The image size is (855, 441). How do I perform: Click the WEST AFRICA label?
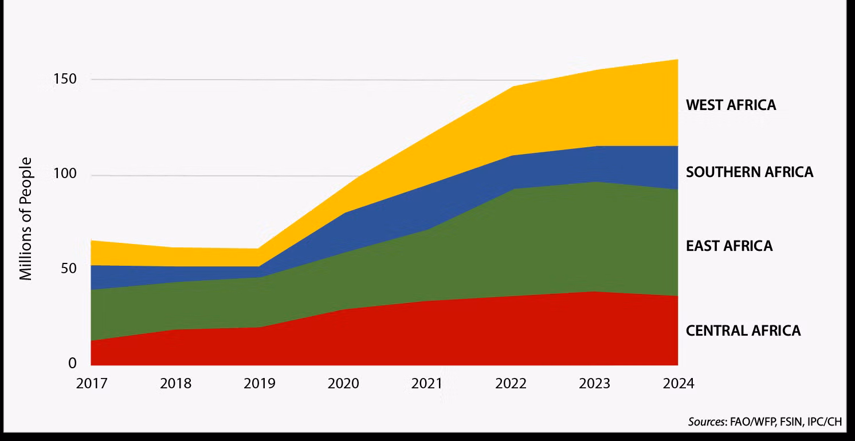point(731,105)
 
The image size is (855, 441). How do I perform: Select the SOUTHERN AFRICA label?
point(750,172)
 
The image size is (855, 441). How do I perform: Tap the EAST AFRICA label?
point(730,246)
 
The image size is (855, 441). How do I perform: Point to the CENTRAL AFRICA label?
point(743,331)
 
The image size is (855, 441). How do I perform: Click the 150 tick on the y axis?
point(65,79)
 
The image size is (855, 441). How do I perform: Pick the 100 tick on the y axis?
point(65,174)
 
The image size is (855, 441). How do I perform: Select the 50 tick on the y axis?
point(68,269)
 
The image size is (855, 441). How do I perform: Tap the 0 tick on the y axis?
point(73,363)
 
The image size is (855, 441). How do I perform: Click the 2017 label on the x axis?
point(92,383)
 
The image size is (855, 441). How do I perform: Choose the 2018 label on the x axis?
point(175,383)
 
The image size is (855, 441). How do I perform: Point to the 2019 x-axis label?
point(260,383)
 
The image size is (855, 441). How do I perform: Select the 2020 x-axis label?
point(343,383)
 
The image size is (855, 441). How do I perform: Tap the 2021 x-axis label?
point(427,383)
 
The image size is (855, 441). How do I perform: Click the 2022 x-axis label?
point(511,383)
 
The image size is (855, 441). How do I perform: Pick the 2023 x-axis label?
point(594,383)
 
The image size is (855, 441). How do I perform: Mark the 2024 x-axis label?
point(678,383)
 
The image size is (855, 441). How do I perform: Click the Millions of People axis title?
point(26,219)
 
